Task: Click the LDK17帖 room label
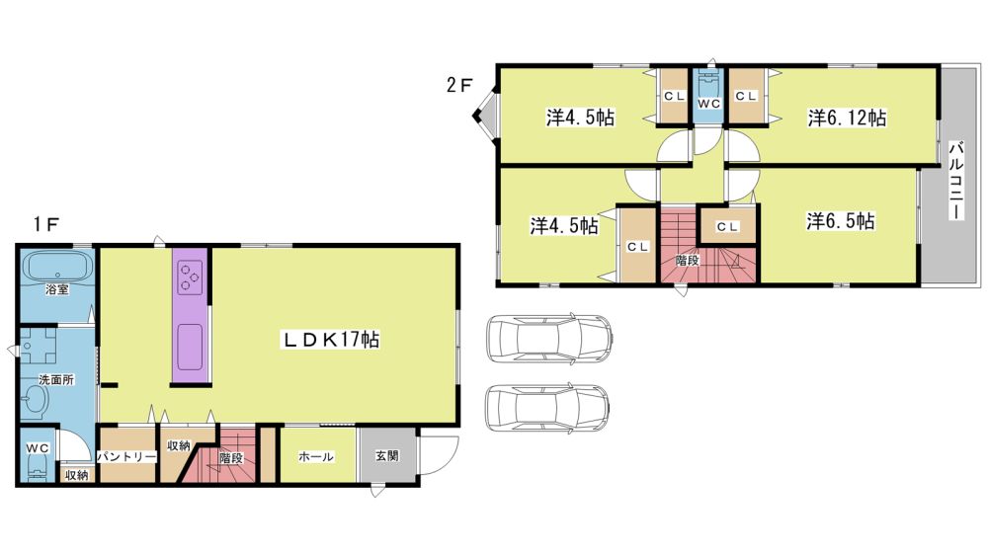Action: click(330, 340)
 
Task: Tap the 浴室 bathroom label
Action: click(56, 289)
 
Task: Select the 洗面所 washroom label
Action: click(56, 380)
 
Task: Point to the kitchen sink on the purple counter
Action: click(190, 348)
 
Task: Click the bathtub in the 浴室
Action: click(56, 267)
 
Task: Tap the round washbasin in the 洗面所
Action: click(36, 399)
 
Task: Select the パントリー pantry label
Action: click(126, 456)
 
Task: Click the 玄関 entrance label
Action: click(387, 455)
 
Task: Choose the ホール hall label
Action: click(316, 456)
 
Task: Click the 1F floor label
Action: click(46, 224)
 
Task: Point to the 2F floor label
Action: click(458, 85)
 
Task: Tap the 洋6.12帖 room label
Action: click(847, 118)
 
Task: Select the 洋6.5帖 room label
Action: click(840, 221)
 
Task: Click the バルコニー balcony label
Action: click(955, 181)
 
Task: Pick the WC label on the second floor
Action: click(708, 104)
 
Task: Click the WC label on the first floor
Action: click(38, 448)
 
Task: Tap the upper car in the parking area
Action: click(550, 339)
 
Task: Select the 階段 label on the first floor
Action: click(231, 458)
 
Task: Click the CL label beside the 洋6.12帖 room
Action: click(745, 97)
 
